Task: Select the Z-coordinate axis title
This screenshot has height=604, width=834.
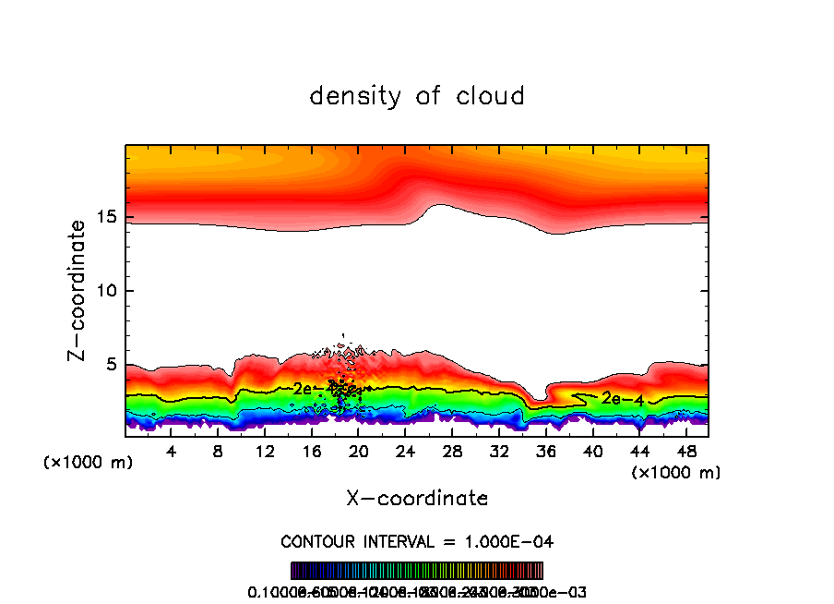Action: tap(80, 290)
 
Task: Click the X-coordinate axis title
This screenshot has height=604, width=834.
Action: tap(417, 499)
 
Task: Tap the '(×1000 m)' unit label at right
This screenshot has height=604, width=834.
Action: tap(676, 473)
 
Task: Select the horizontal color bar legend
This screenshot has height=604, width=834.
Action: tap(417, 571)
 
